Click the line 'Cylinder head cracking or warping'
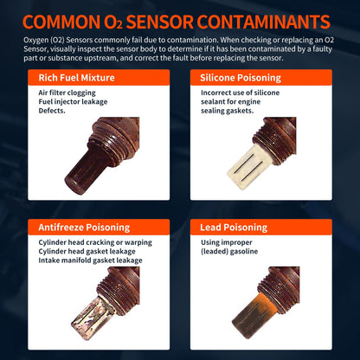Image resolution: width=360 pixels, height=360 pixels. click(90, 243)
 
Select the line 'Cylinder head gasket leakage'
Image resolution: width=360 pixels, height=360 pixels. click(81, 252)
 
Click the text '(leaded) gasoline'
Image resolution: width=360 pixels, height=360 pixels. click(228, 253)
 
